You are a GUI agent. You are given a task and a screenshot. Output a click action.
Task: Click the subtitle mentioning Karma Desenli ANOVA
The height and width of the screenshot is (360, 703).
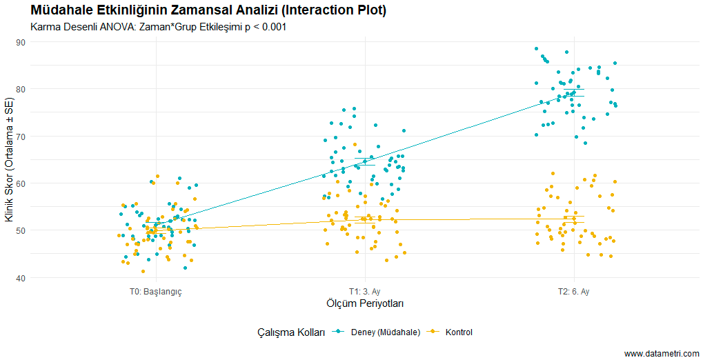159,27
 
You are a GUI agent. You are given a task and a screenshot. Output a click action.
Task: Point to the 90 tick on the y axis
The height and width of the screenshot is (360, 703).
21,42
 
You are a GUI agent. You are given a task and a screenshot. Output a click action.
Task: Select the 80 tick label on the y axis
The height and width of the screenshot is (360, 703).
21,89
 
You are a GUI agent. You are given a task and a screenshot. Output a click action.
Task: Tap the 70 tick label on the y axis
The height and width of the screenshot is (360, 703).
21,137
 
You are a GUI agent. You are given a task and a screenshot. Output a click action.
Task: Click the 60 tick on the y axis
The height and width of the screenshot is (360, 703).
21,183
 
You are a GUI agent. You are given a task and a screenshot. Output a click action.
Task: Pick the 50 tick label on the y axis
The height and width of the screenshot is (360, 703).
21,230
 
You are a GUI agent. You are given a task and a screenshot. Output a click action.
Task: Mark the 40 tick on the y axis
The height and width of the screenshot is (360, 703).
21,278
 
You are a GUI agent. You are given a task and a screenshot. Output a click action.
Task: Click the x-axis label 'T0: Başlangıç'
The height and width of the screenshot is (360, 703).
155,292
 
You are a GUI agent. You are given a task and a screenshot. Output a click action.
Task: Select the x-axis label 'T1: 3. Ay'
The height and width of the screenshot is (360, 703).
364,292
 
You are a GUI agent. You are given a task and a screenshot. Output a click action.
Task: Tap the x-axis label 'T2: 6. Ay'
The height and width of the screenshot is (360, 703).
573,292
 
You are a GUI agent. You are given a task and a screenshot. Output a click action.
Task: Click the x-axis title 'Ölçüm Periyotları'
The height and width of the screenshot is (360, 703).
364,303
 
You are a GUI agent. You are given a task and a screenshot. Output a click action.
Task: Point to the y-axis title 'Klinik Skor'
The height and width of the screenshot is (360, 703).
9,160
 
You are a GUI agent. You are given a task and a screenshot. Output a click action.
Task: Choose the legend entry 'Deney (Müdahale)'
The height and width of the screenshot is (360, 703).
385,332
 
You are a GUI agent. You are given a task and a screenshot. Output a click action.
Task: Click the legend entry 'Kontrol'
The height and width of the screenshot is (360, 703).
459,332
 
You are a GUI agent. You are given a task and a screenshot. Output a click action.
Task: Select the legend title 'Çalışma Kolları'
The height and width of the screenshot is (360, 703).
290,332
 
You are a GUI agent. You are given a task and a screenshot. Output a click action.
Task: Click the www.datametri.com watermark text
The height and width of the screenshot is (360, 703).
662,354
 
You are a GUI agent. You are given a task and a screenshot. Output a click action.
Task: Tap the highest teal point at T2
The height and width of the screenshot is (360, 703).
536,48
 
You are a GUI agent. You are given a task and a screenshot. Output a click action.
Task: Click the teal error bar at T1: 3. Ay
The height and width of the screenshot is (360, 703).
364,161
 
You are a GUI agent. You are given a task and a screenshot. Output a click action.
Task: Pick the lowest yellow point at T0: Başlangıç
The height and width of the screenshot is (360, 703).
143,271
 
